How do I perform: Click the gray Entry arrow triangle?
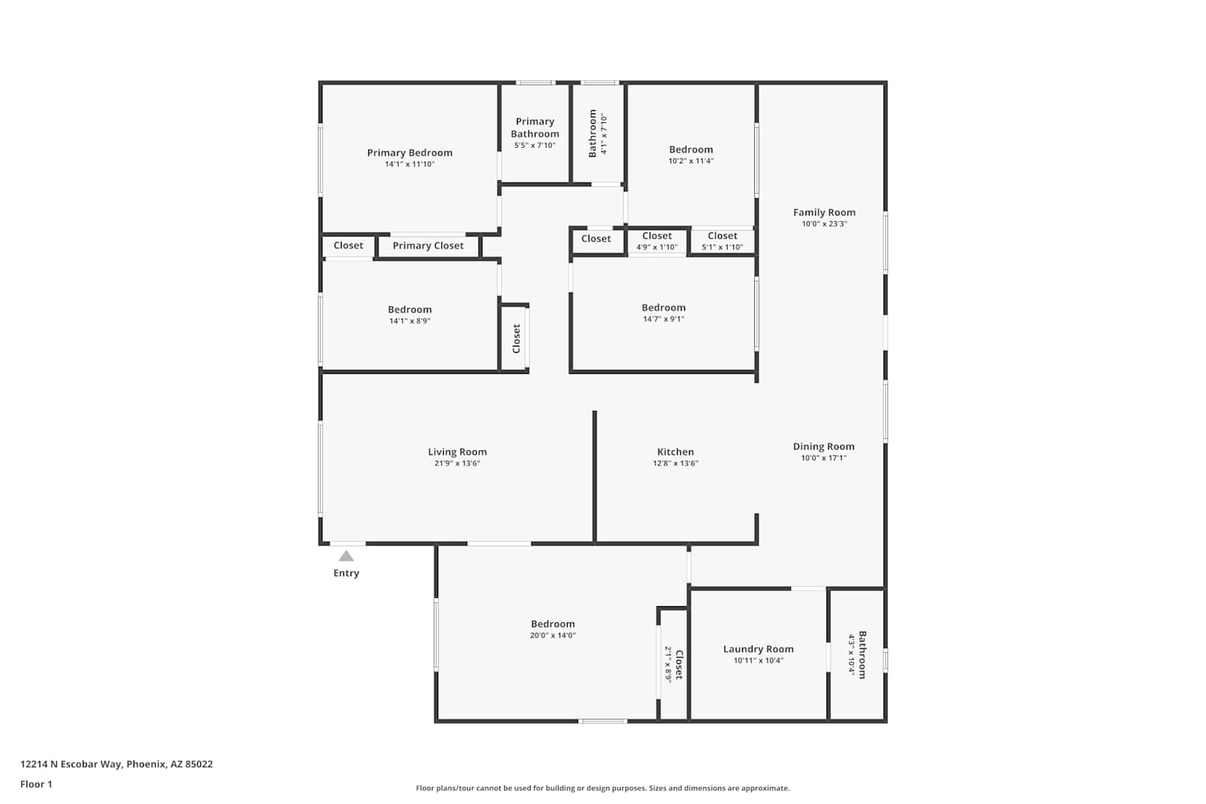point(347,556)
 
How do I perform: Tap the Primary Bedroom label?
point(410,153)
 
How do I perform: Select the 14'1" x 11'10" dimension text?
point(410,164)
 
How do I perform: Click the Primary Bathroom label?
point(535,128)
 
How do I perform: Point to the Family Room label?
point(824,213)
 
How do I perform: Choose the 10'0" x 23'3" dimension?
point(824,224)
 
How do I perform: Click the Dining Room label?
point(824,447)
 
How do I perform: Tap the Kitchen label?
point(675,453)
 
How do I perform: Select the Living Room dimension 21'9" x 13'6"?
point(457,464)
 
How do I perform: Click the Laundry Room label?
point(759,650)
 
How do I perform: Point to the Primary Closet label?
point(428,245)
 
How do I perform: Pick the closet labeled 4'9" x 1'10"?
point(657,247)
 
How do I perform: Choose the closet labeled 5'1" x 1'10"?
point(723,247)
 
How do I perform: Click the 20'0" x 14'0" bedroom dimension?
point(553,635)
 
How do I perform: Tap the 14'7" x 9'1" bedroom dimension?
point(664,319)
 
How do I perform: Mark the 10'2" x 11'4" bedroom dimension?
point(691,161)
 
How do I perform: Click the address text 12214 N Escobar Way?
point(72,764)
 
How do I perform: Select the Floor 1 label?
point(37,785)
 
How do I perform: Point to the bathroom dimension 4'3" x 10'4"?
point(851,654)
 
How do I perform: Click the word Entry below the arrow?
point(347,573)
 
